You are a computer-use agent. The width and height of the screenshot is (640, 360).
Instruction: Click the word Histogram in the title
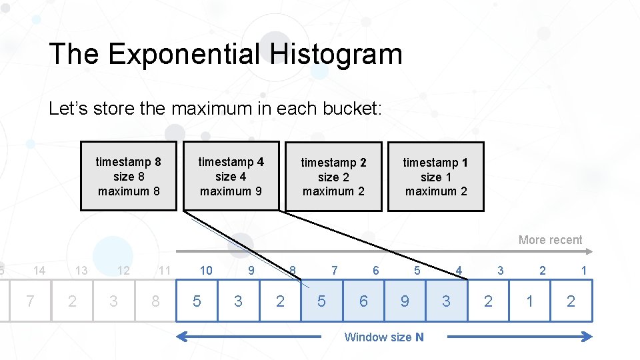click(x=336, y=54)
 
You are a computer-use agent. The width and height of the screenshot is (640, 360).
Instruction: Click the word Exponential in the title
click(x=184, y=54)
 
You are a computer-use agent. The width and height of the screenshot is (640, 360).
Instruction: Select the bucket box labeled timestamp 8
click(x=129, y=176)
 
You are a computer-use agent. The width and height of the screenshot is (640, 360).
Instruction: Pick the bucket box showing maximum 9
click(x=231, y=176)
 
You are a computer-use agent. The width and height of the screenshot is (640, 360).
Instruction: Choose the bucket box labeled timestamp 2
click(x=333, y=176)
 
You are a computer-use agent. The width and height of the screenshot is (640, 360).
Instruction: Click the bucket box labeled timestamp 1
click(x=436, y=176)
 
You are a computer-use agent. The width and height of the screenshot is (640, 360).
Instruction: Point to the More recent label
click(x=550, y=240)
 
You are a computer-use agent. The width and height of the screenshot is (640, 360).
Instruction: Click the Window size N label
click(x=383, y=337)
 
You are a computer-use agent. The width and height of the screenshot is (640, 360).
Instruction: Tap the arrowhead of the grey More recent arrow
click(x=589, y=251)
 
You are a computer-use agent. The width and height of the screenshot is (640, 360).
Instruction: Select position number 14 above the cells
click(x=39, y=270)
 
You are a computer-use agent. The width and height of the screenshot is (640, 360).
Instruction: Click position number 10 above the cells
click(x=206, y=270)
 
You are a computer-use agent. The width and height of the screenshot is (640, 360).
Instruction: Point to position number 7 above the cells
click(x=335, y=270)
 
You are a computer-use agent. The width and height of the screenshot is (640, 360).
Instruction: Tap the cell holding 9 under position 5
click(x=405, y=301)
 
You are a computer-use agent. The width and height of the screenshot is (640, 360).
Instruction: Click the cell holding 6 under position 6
click(x=363, y=301)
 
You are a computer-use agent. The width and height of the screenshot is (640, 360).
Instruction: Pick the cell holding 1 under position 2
click(x=529, y=301)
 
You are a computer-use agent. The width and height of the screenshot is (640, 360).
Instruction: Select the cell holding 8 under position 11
click(x=155, y=301)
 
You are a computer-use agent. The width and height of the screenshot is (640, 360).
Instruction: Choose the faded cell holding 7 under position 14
click(x=30, y=301)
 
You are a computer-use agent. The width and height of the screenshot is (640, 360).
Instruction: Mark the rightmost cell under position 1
click(x=571, y=301)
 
